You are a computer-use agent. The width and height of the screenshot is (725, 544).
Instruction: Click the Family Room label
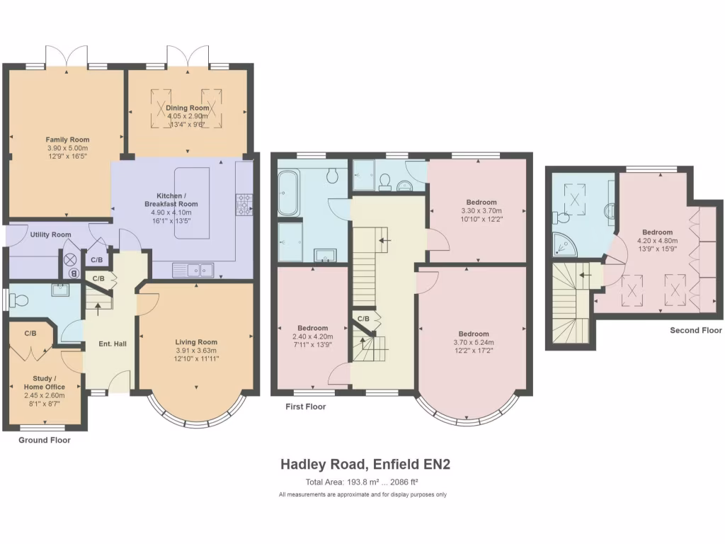(x=67, y=140)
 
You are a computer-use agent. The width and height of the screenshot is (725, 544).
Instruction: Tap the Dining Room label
(x=188, y=108)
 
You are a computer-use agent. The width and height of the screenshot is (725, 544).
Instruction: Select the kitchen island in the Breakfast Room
(x=191, y=202)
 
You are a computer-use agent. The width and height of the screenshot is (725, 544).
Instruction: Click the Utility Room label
(x=50, y=234)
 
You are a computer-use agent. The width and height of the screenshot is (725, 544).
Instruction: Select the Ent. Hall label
(x=112, y=344)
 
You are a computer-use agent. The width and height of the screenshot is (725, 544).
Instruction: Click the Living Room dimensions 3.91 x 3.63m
(x=197, y=351)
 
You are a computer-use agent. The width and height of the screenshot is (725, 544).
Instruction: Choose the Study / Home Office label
(x=49, y=382)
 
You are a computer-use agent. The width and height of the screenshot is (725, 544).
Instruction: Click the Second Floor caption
(x=696, y=331)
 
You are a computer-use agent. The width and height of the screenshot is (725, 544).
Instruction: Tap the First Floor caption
(x=305, y=407)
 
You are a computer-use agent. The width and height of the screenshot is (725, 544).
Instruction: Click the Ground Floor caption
(x=44, y=440)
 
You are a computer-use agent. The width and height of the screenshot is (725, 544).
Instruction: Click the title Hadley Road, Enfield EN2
(x=365, y=465)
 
